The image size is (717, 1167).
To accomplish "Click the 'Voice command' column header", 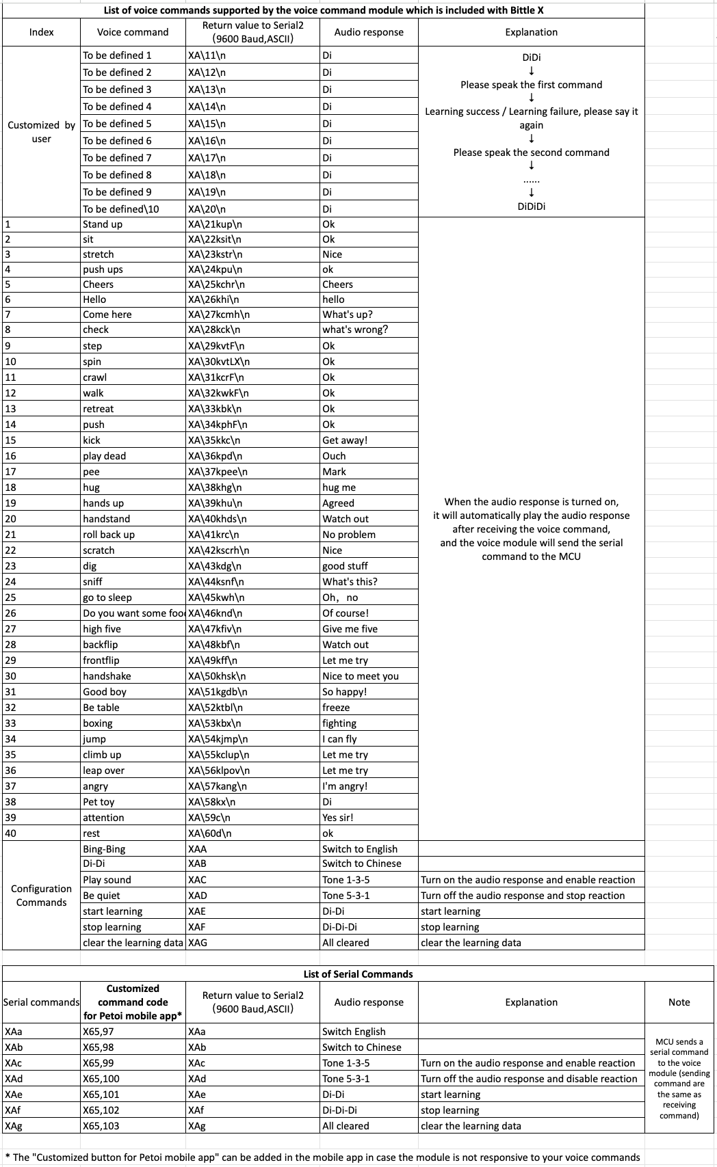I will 132,32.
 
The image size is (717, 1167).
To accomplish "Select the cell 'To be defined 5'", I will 117,124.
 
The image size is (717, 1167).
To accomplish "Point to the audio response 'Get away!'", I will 345,440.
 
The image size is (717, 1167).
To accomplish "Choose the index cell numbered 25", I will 11,598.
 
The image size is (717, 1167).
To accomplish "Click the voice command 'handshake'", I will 107,676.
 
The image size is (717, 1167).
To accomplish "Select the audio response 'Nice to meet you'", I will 361,676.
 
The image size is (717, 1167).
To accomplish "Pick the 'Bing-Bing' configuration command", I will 104,849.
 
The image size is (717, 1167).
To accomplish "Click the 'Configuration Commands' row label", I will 41,896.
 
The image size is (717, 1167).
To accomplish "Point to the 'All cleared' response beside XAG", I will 346,943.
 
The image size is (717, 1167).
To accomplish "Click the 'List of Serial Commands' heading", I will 358,974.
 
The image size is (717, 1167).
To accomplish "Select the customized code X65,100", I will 101,1079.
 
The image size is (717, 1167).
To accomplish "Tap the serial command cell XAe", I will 14,1095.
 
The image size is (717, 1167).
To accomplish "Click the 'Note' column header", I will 679,1002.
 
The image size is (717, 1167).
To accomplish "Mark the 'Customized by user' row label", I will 41,132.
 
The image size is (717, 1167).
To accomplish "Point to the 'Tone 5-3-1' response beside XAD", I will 346,896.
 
